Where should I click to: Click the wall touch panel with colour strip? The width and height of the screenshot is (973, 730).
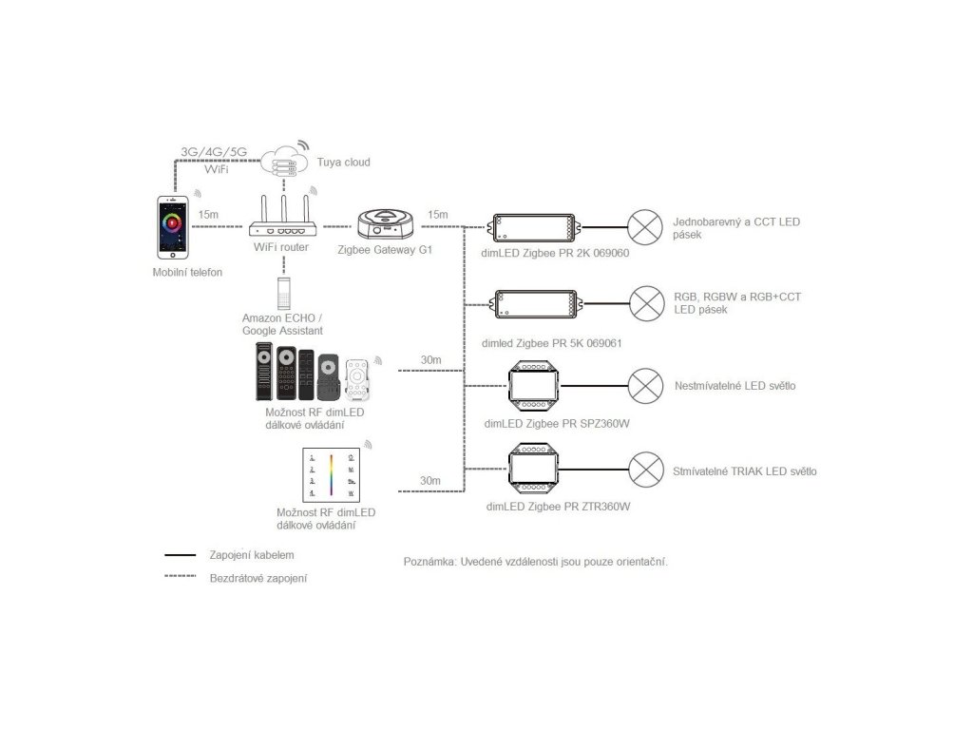tap(330, 474)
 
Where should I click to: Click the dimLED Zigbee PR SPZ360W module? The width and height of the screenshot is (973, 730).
tap(537, 386)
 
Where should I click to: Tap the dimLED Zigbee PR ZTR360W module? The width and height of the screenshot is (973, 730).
tap(537, 470)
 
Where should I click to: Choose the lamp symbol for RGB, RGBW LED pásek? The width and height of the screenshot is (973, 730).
tap(648, 304)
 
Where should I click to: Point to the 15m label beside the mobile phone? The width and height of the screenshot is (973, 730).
tap(209, 215)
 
